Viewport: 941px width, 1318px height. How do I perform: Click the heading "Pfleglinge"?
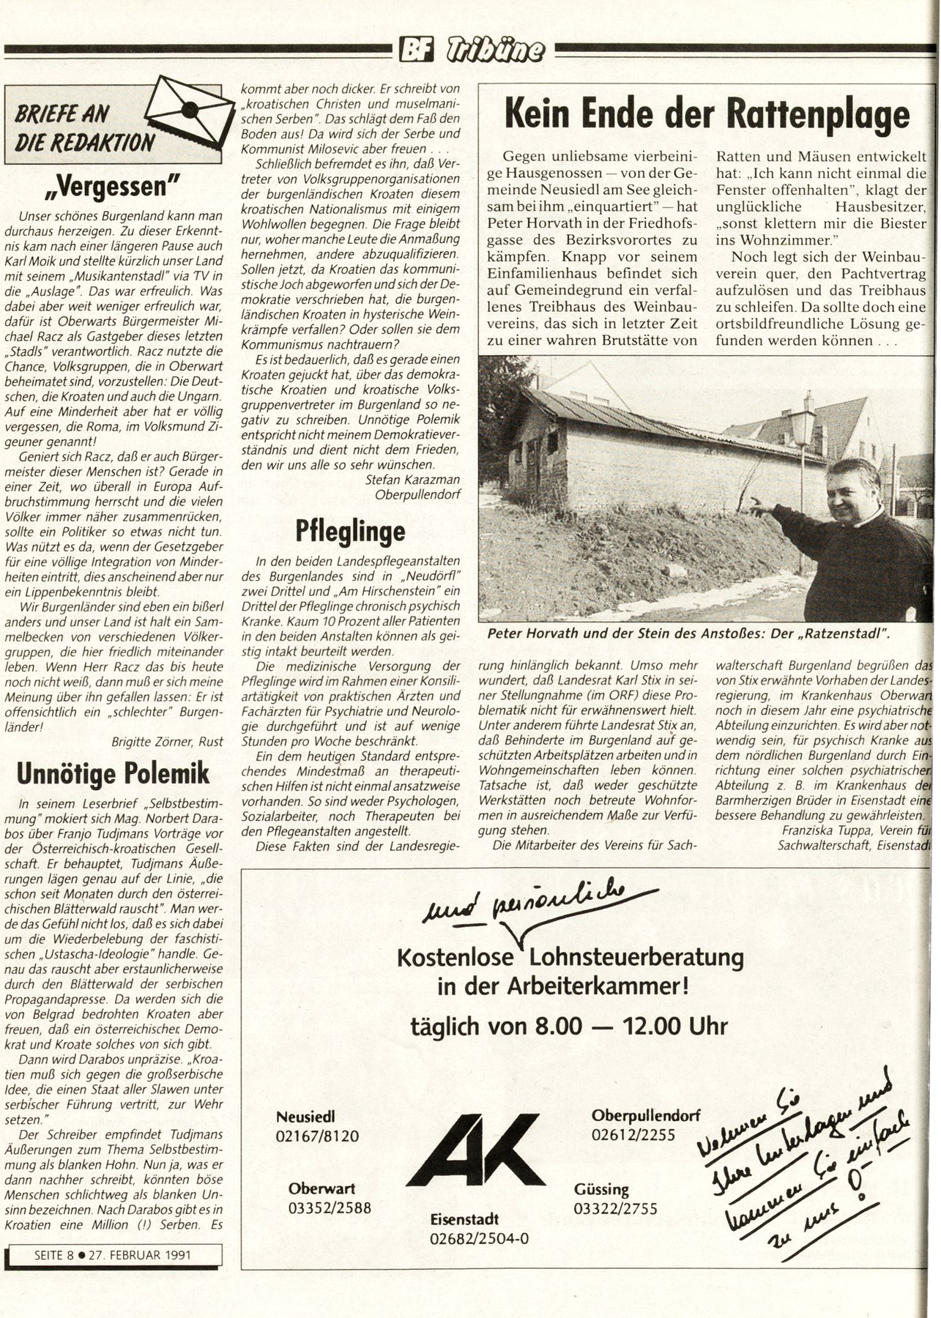(350, 531)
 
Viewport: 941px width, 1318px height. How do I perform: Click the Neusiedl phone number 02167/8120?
(318, 1136)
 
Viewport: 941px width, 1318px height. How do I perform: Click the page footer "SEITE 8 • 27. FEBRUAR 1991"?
(113, 1254)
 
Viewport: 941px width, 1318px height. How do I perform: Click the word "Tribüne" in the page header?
(496, 51)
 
